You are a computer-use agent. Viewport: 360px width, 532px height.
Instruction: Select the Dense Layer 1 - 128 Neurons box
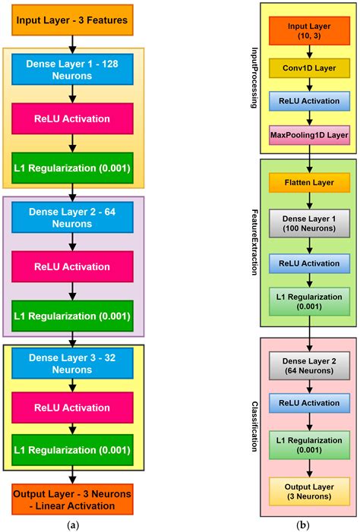(72, 71)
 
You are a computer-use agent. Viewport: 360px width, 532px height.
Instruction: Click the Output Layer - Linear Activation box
(72, 499)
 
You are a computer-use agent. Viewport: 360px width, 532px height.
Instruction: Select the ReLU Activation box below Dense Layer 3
(72, 407)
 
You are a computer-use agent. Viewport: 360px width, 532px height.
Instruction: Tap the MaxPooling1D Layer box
(309, 135)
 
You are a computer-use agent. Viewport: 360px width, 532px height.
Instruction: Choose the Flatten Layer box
(309, 183)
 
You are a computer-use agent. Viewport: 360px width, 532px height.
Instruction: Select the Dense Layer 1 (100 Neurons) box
(309, 222)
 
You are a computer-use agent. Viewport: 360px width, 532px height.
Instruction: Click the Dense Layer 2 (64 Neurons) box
(309, 366)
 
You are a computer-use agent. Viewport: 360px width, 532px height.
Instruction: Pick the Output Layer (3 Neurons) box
(309, 491)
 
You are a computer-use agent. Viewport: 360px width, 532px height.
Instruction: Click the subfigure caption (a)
(71, 524)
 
